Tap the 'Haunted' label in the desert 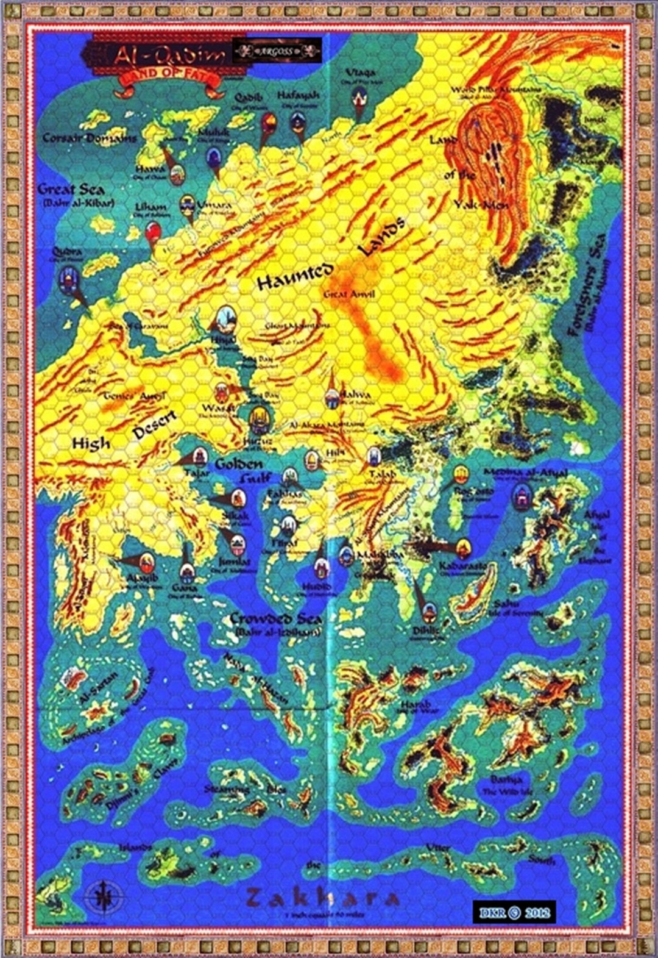[295, 277]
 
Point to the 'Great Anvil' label [349, 295]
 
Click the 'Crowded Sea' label [275, 619]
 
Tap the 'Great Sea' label [71, 189]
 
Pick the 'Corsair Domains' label [90, 138]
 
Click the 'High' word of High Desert [91, 443]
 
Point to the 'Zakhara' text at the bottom [323, 898]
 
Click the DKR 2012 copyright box [514, 912]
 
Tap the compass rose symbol [104, 897]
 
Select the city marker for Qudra [68, 279]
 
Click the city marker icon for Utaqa [359, 97]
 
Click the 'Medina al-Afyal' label [526, 473]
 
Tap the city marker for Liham [153, 232]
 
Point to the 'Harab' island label [416, 704]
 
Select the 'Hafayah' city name [298, 96]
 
